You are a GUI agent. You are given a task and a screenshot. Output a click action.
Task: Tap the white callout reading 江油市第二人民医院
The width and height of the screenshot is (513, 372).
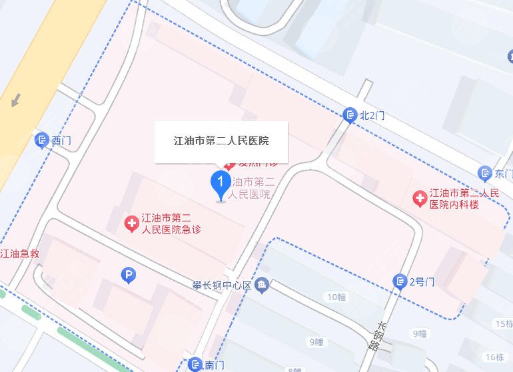[x=221, y=141]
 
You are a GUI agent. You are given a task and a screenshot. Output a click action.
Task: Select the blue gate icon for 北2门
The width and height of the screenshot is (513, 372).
[x=350, y=116]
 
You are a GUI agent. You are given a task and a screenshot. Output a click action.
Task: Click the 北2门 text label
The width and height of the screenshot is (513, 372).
[x=372, y=116]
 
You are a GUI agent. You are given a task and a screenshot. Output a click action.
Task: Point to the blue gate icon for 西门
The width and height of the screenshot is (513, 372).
[x=41, y=140]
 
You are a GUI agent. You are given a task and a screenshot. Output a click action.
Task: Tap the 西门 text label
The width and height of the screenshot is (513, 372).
[x=61, y=140]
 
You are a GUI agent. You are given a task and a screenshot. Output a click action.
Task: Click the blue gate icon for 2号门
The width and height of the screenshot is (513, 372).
[x=400, y=281]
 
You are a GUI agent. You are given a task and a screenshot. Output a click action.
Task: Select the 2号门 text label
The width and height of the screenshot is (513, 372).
[x=422, y=281]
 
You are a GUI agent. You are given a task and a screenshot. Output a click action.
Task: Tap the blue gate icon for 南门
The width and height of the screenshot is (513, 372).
[x=195, y=364]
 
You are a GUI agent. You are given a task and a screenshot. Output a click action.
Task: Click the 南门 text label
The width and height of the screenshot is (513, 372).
[x=215, y=365]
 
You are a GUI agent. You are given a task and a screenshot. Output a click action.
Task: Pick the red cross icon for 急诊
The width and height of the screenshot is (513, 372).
[x=132, y=223]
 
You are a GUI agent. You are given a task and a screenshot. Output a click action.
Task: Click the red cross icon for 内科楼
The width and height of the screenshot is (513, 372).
[x=420, y=198]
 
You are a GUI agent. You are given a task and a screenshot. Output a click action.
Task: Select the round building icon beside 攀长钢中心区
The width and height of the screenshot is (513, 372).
[x=262, y=285]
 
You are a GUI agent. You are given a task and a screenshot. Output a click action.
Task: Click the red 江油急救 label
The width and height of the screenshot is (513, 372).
[x=19, y=254]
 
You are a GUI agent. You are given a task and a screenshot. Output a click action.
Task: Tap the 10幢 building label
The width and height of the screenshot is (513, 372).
[x=337, y=296]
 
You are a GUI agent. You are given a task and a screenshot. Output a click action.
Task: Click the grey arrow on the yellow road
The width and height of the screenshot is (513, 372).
[x=15, y=100]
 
